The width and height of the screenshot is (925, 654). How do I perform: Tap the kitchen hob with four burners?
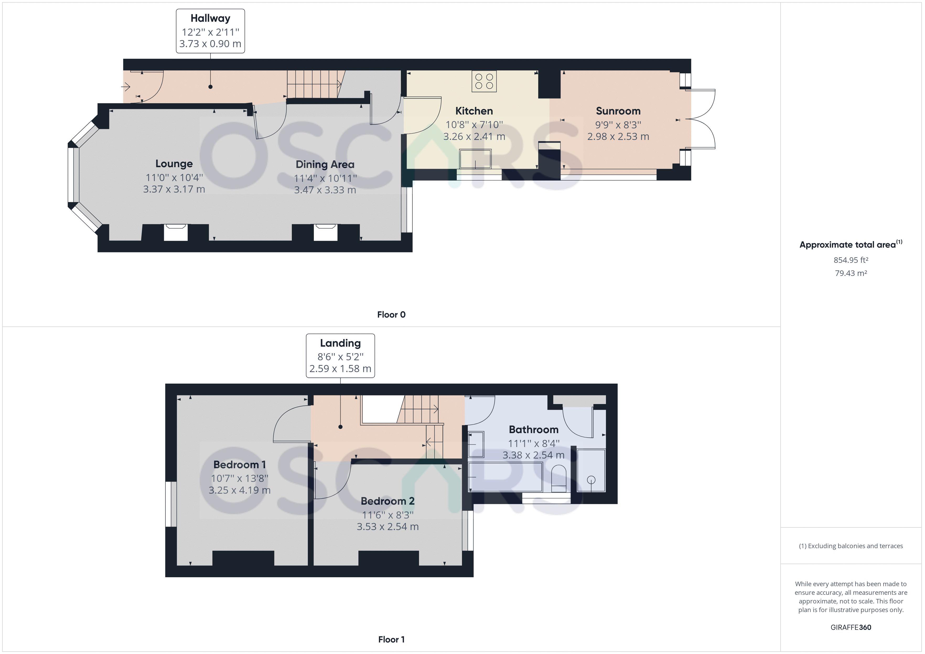(484, 81)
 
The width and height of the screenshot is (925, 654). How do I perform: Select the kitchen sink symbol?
(475, 159)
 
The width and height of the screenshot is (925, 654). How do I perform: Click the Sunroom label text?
(618, 111)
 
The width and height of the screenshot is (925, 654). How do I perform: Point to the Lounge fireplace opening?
(176, 233)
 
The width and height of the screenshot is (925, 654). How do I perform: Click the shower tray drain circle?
(591, 480)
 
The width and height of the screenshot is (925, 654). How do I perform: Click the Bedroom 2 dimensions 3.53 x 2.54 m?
(388, 527)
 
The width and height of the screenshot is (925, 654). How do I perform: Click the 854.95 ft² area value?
(851, 260)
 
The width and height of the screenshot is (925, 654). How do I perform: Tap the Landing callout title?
(340, 343)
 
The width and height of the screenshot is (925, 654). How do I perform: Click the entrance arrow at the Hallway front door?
(126, 86)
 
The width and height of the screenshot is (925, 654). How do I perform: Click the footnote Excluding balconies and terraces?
(851, 546)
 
